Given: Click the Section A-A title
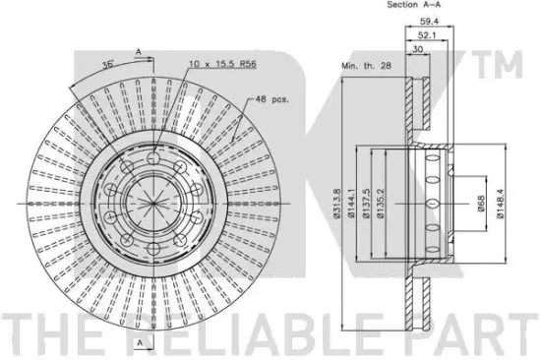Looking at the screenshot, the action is tap(414, 5).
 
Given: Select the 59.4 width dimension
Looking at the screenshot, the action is tap(429, 21).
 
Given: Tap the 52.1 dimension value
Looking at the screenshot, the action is tap(427, 34).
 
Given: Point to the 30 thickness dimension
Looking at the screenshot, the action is tap(417, 49).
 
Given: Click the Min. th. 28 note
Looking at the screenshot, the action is tap(367, 66).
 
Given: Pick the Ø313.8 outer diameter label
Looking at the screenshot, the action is tap(337, 204).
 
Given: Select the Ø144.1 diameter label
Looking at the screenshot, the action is tap(351, 204).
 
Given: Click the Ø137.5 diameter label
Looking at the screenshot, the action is tap(366, 204).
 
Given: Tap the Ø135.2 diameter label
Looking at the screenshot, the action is tap(381, 204).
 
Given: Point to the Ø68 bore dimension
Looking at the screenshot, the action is tap(481, 204).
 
